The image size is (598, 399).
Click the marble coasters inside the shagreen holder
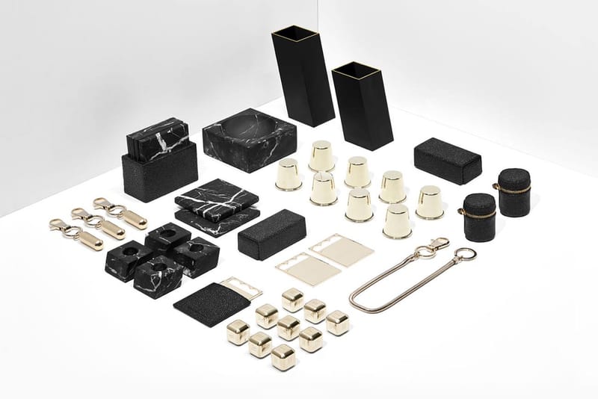point(157,137)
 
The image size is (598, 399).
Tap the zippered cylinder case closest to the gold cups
point(479,217)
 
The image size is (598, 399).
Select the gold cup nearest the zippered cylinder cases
point(429,202)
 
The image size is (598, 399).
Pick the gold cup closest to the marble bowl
point(289,174)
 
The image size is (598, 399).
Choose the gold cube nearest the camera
point(283,356)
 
